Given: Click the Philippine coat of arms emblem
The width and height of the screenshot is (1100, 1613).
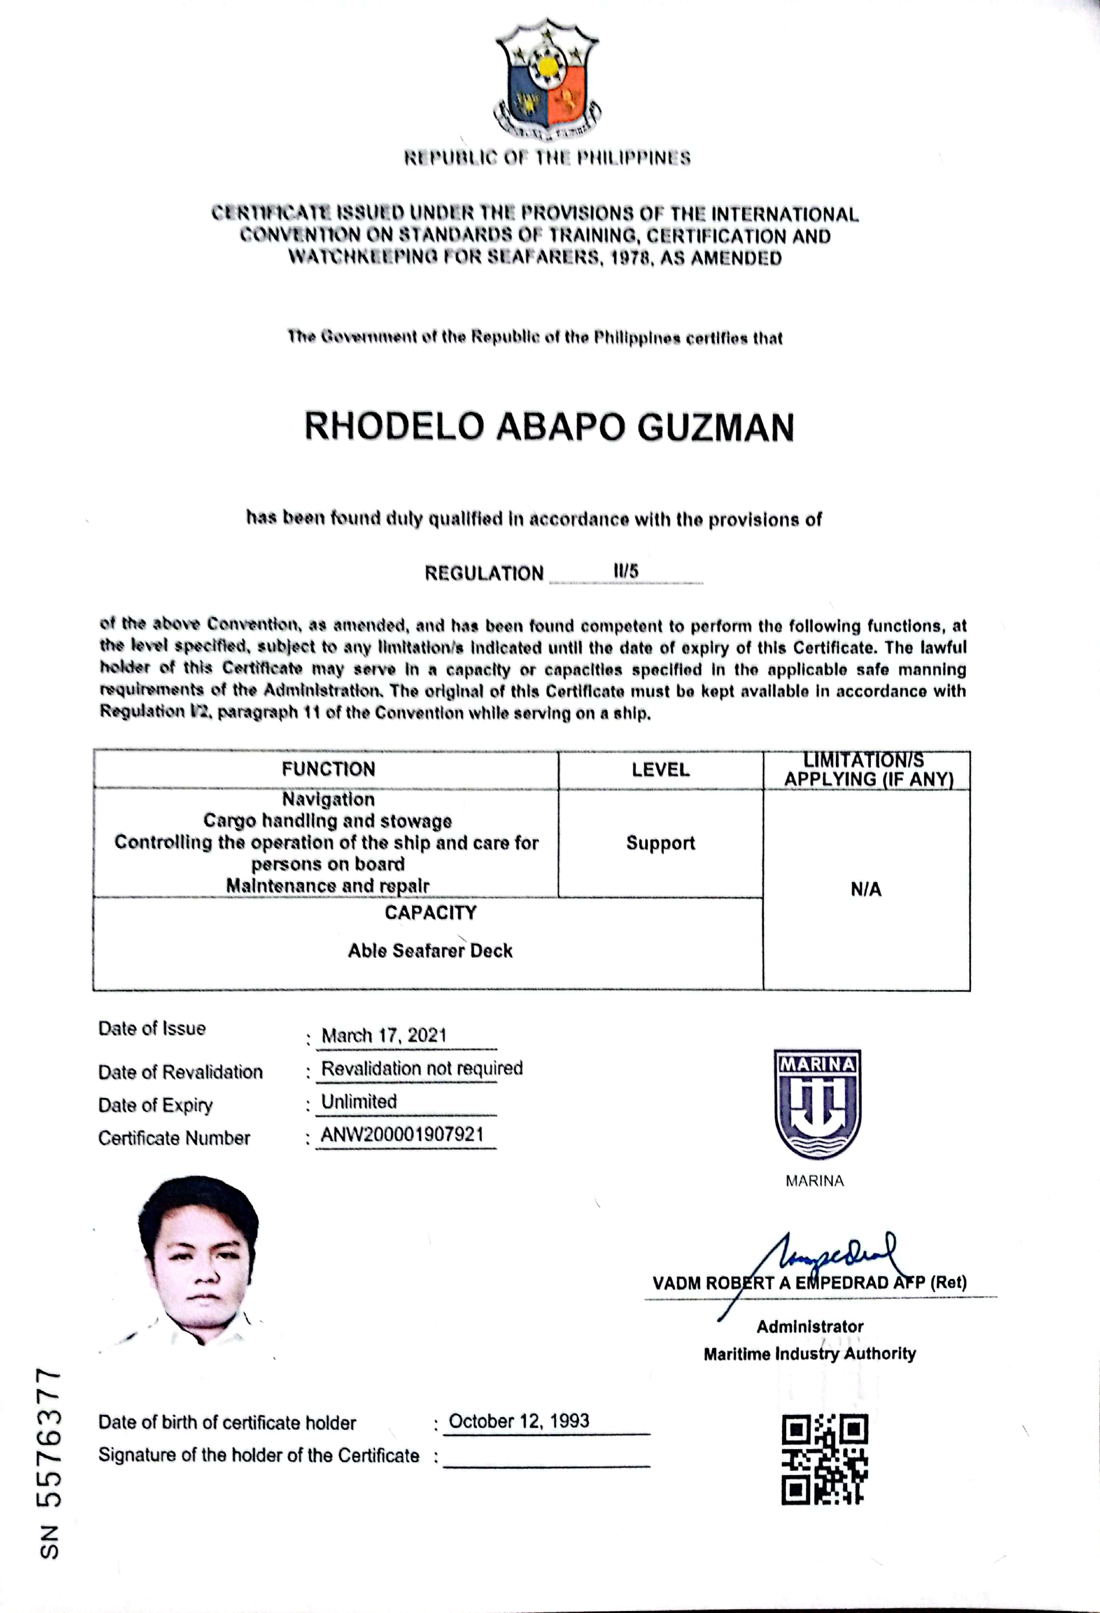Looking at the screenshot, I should (x=548, y=80).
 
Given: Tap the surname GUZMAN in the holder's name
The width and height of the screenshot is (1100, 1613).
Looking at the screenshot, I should (x=716, y=427).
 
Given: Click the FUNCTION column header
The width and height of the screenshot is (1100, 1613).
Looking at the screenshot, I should (x=328, y=769).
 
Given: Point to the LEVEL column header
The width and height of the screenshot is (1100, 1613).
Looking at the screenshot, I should (x=660, y=770).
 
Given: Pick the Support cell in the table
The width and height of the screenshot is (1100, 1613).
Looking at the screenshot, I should (x=660, y=843).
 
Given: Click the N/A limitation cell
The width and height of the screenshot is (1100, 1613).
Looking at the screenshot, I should (x=865, y=890).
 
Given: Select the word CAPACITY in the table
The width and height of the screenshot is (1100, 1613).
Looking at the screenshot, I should (x=430, y=912).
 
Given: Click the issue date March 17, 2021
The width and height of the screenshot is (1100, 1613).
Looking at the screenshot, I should (x=384, y=1035).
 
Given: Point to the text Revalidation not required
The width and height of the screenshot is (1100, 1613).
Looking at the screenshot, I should (x=421, y=1068).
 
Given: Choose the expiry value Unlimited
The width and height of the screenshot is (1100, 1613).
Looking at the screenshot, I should (x=359, y=1101).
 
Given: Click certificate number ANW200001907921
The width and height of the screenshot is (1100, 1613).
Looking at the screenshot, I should (x=402, y=1135).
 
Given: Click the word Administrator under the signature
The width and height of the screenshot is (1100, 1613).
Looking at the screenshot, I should (x=810, y=1326).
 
